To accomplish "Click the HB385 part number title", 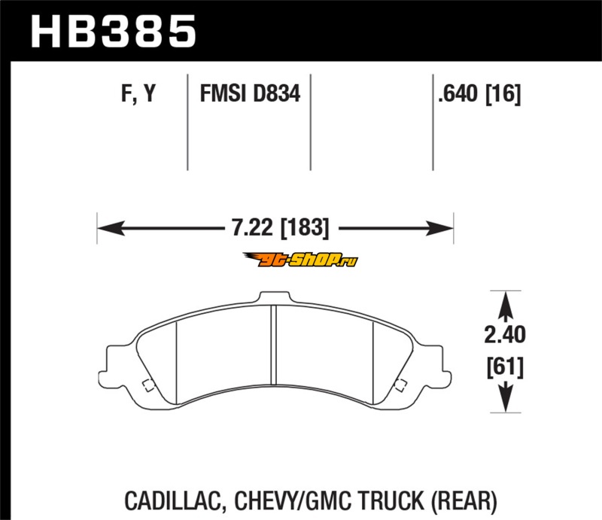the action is pyautogui.click(x=114, y=32).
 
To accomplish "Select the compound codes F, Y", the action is pyautogui.click(x=138, y=93).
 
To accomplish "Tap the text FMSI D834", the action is pyautogui.click(x=250, y=93).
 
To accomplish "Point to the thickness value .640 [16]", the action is pyautogui.click(x=479, y=94).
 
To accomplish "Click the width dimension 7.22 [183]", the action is pyautogui.click(x=281, y=227).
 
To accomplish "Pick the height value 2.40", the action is pyautogui.click(x=505, y=334).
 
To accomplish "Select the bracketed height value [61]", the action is pyautogui.click(x=505, y=367).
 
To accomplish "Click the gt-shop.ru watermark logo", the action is pyautogui.click(x=300, y=260).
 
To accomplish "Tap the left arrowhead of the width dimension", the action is pyautogui.click(x=111, y=228).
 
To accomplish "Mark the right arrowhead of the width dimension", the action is pyautogui.click(x=439, y=228).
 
